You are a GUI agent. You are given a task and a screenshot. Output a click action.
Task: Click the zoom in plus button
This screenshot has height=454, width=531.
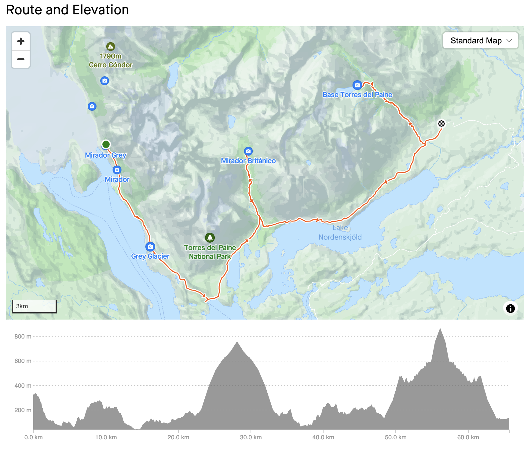point(21,41)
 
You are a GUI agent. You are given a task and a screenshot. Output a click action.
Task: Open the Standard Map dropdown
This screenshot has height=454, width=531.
point(480,41)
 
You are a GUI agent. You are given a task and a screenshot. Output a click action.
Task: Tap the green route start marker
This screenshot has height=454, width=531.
point(106,144)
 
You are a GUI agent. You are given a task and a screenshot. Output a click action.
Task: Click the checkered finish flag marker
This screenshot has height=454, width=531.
point(441,124)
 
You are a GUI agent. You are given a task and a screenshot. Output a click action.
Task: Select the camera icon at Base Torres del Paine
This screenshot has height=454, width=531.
point(357,85)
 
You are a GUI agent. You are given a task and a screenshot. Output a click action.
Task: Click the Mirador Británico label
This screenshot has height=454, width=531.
point(248,161)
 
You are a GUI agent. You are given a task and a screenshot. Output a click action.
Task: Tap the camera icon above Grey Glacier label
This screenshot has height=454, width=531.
point(150,247)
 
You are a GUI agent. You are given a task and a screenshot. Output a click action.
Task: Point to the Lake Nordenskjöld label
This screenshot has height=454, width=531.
point(340,232)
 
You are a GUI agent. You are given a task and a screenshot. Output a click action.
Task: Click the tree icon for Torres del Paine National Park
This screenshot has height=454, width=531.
point(210,237)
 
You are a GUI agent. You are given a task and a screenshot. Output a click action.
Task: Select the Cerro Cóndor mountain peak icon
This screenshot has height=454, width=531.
point(111,46)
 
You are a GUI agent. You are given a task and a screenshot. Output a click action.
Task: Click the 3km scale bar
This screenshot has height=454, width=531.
point(34,306)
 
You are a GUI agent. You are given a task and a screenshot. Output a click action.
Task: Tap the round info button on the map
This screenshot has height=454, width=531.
point(510,308)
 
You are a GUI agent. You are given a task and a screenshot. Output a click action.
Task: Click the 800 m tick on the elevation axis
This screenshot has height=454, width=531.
point(23,336)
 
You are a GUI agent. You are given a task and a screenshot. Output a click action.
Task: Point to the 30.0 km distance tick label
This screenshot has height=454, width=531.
point(251,437)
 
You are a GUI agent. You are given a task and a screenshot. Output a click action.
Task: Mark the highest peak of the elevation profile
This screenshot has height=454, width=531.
point(440,329)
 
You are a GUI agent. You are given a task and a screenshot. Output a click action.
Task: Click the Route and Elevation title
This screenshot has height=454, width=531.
point(68,10)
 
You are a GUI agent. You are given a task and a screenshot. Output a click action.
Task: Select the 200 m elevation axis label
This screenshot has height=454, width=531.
point(23,410)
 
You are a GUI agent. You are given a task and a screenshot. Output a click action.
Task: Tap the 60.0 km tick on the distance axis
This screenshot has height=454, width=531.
point(468,437)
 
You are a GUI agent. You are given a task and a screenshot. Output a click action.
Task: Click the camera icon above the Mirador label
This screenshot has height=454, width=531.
point(117,170)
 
